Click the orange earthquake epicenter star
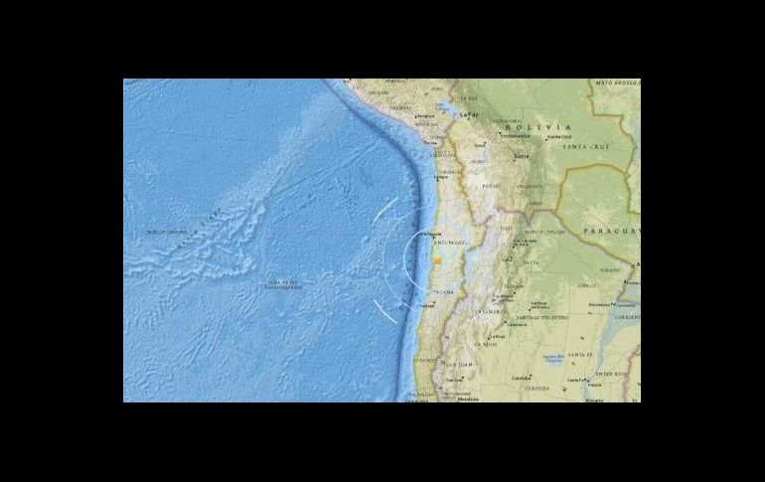[x=437, y=259]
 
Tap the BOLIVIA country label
[x=537, y=127]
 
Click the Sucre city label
[x=519, y=157]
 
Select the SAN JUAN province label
[x=456, y=378]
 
